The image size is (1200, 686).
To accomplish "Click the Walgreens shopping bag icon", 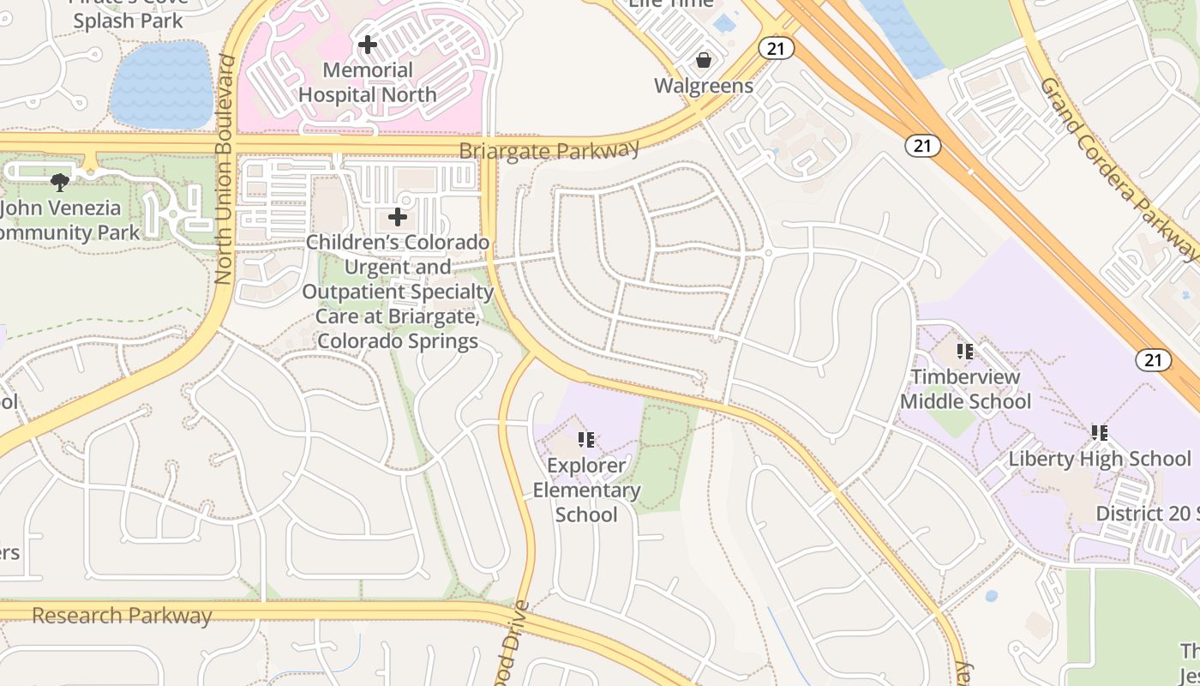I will click(x=704, y=60).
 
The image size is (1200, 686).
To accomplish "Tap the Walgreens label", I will click(x=704, y=86).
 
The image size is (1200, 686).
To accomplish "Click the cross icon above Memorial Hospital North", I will click(x=368, y=45).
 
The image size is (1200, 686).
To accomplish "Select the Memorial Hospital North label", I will click(x=368, y=82).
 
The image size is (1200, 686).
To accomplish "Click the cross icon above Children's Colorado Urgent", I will click(x=398, y=217).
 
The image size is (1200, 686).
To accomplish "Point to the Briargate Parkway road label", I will click(x=549, y=151).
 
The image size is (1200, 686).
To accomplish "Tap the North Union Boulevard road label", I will click(x=225, y=170).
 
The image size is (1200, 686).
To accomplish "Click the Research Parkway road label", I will click(x=122, y=616).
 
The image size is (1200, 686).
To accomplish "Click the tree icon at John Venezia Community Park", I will click(x=60, y=182).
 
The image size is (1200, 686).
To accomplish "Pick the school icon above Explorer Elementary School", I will click(x=586, y=441).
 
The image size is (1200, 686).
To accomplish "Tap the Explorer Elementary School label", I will click(x=586, y=490).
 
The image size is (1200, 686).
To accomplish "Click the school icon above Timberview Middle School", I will click(x=965, y=352).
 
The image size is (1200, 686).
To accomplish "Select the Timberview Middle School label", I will click(x=965, y=389).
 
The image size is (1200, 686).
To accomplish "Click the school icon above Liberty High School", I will click(x=1100, y=433).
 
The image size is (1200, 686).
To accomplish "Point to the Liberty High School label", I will click(x=1100, y=459).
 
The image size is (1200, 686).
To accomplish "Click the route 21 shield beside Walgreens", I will click(x=776, y=49).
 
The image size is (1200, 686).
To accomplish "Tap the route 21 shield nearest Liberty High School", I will click(x=1154, y=359).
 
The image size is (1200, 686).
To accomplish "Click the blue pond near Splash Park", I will click(x=161, y=84).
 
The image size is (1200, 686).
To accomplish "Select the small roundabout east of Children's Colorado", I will click(x=768, y=253).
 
